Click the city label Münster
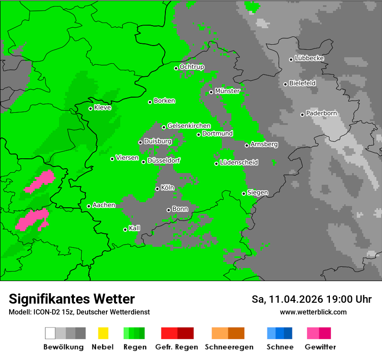coord(227,91)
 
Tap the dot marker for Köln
coord(157,189)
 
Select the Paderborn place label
coord(322,114)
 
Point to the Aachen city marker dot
coord(89,206)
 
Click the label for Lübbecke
coord(310,58)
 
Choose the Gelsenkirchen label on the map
coord(189,126)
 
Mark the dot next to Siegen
coord(244,193)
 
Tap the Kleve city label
coord(103,108)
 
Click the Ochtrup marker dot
coord(176,68)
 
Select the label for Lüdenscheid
coord(239,163)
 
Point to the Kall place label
coord(135,228)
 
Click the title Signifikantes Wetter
coord(72,299)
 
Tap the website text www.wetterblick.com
coord(313,312)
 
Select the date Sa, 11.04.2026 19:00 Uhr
coord(311,299)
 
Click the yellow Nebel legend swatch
coord(103,333)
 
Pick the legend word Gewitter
coord(320,347)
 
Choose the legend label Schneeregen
coord(229,347)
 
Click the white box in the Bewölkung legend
coord(50,333)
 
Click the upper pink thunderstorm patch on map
coord(40,181)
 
